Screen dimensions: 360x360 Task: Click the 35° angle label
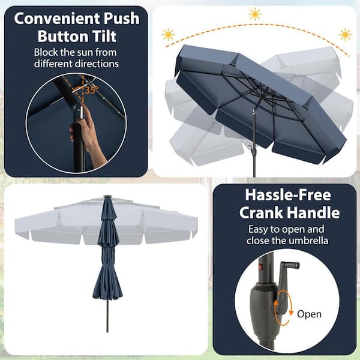[x=91, y=91]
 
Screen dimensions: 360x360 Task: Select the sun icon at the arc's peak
[x=255, y=13]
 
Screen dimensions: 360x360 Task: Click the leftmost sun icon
[x=168, y=35]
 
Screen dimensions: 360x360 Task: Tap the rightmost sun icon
[x=344, y=34]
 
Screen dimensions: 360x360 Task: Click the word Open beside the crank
[x=309, y=314]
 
